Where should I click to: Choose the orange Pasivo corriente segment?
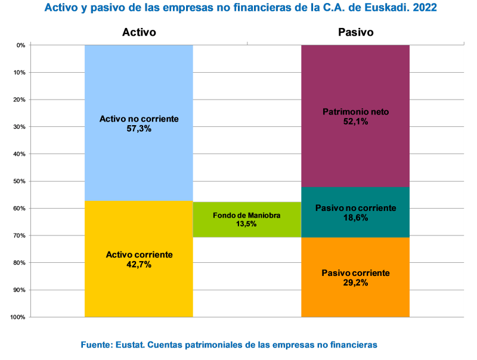pyautogui.click(x=355, y=301)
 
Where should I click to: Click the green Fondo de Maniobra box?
pyautogui.click(x=246, y=229)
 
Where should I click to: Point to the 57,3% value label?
pyautogui.click(x=139, y=128)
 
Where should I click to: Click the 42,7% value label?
pyautogui.click(x=139, y=264)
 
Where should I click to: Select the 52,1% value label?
pyautogui.click(x=355, y=122)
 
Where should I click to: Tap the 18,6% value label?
pyautogui.click(x=355, y=218)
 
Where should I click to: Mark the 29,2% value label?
pyautogui.click(x=355, y=283)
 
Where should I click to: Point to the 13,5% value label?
pyautogui.click(x=246, y=224)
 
